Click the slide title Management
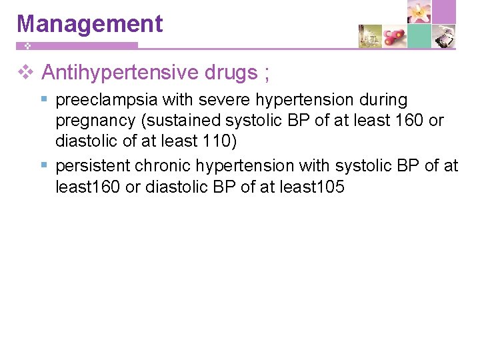tap(89, 24)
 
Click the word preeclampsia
tap(107, 100)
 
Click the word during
tap(381, 100)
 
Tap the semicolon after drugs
tap(267, 73)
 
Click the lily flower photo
tap(419, 12)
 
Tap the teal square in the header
tap(419, 36)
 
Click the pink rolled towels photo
tap(395, 36)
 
